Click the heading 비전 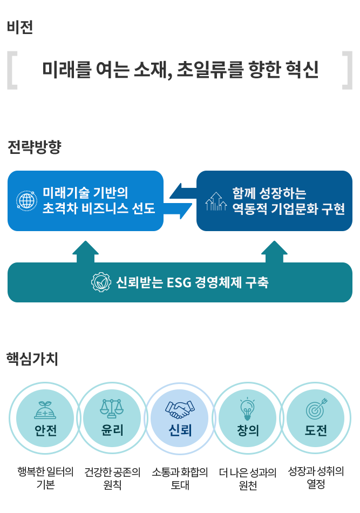tap(20, 27)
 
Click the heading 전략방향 tap(34, 147)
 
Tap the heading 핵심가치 tap(32, 359)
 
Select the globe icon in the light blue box tap(25, 200)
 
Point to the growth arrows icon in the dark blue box tap(216, 201)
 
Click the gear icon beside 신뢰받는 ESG tap(100, 282)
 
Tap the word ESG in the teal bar tap(181, 282)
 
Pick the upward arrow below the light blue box tap(85, 251)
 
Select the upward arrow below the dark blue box tap(274, 251)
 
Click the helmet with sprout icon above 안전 tap(45, 410)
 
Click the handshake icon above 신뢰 tap(180, 409)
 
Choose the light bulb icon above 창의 tap(247, 409)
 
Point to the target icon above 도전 tap(316, 409)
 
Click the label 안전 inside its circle tap(45, 430)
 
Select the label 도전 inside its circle tap(315, 430)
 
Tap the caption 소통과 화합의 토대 tap(180, 478)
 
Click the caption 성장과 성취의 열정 tap(316, 477)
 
